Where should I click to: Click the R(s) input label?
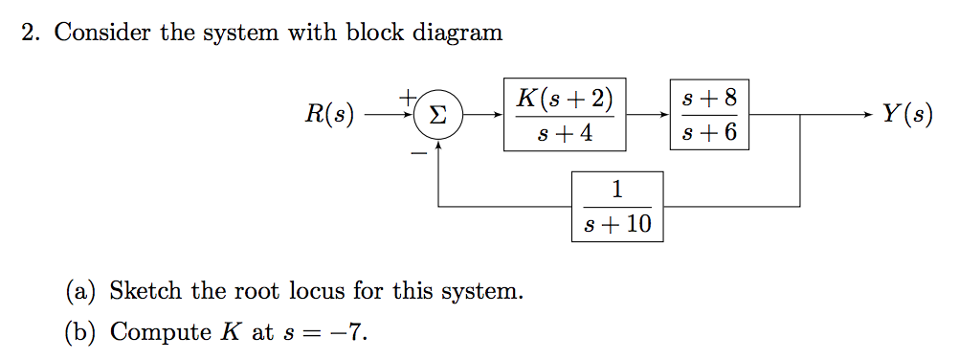pos(329,115)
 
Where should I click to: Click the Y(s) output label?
pos(906,115)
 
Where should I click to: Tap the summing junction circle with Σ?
pos(437,116)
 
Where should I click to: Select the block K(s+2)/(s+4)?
pos(565,115)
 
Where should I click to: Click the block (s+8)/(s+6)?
pos(709,115)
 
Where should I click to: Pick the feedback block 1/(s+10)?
pos(617,206)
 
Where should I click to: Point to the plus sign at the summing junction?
pos(407,97)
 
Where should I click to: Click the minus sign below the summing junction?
pos(418,154)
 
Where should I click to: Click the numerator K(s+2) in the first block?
pos(565,99)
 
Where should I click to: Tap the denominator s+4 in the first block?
pos(565,134)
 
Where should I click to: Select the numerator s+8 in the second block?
pos(709,98)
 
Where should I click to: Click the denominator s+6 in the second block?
pos(709,133)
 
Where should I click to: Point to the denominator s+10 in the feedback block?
pos(617,224)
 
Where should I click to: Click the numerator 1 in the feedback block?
pos(617,190)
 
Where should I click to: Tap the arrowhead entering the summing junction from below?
pos(437,146)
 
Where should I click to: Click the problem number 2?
pos(31,33)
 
